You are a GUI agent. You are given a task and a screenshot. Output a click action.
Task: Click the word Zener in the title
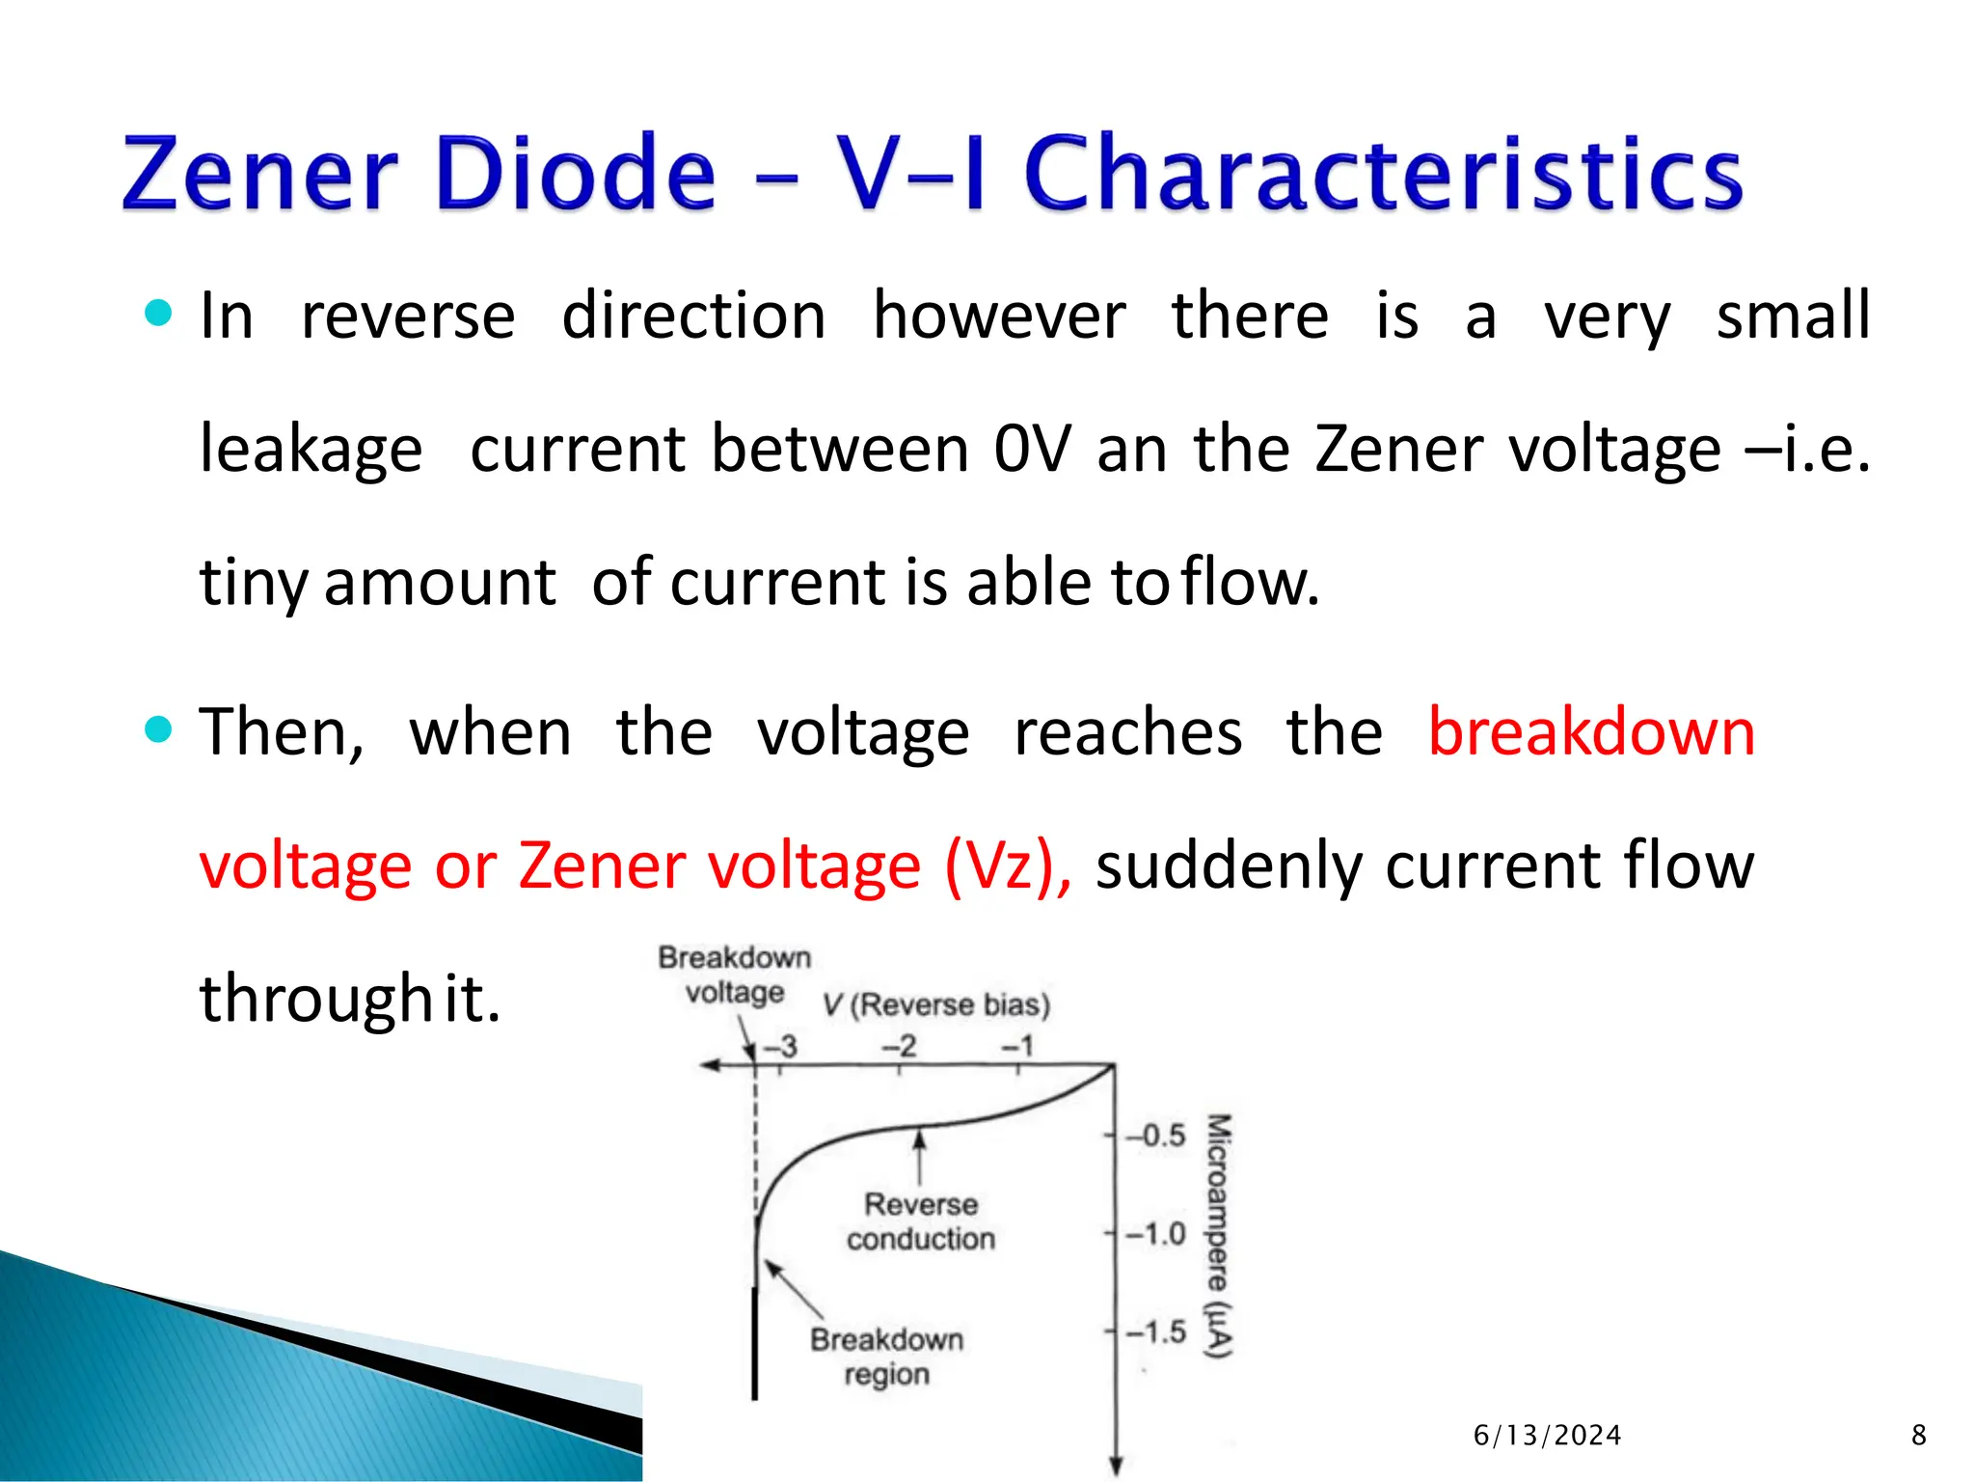click(260, 174)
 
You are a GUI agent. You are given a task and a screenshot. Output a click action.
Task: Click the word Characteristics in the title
click(1383, 174)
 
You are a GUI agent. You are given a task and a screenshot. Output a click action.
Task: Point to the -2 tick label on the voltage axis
click(900, 1046)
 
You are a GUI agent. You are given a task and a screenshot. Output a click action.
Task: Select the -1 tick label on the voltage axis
click(1017, 1046)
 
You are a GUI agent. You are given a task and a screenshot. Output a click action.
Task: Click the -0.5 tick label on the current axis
click(1156, 1136)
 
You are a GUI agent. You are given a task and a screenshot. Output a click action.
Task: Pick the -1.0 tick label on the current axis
click(1156, 1234)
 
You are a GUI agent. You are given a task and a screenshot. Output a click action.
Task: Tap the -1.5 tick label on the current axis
click(1156, 1332)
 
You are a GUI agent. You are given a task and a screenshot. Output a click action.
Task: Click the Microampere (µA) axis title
click(1219, 1237)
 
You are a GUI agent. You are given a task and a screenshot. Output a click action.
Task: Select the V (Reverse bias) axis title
click(936, 1005)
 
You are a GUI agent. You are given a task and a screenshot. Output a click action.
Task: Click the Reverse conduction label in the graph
click(921, 1221)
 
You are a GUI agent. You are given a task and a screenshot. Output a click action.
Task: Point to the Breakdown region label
click(887, 1357)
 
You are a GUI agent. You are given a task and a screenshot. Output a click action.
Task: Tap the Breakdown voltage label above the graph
click(735, 974)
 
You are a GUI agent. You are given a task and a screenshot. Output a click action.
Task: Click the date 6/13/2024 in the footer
click(1547, 1436)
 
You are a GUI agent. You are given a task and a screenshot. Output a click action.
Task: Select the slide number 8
click(1918, 1436)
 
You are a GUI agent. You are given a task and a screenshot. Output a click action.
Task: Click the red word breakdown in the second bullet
click(1591, 731)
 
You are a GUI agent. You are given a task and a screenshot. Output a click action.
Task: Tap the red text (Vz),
click(1008, 864)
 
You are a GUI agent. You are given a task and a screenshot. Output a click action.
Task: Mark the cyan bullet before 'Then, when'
click(158, 728)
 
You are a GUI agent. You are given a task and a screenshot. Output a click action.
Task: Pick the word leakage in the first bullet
click(311, 450)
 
